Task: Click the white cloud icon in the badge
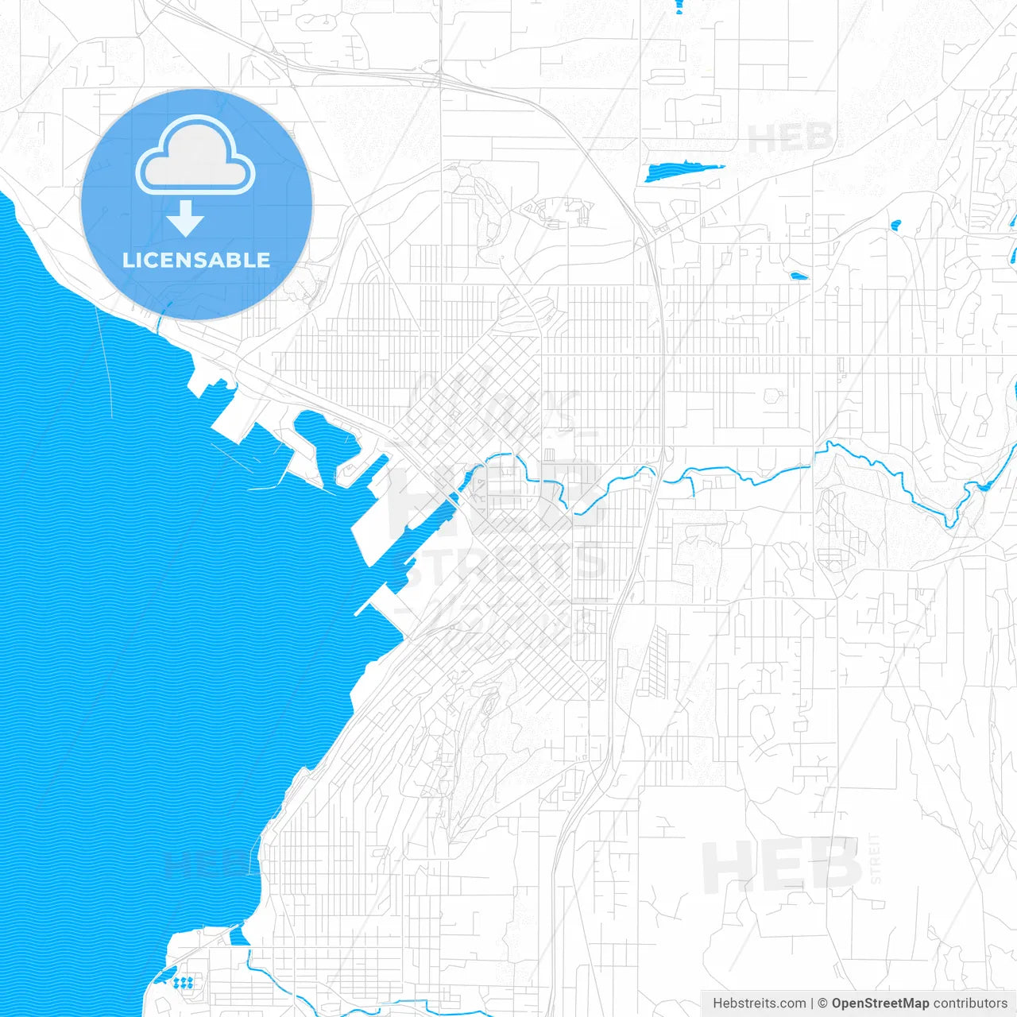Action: coord(195,156)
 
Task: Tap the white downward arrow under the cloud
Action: coord(186,218)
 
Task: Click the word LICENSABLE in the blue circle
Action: coord(196,260)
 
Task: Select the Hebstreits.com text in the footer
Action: coord(760,1003)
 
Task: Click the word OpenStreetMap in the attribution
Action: coord(880,1003)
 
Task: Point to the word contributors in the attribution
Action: coord(970,1003)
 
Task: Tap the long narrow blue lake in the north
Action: coord(683,170)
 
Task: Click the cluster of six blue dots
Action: coord(184,983)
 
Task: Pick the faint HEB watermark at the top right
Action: coord(790,138)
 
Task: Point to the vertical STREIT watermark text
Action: coord(876,858)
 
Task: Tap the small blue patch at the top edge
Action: coord(679,6)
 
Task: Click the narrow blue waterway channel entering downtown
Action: coord(433,516)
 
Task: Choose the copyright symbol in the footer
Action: coord(823,1003)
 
